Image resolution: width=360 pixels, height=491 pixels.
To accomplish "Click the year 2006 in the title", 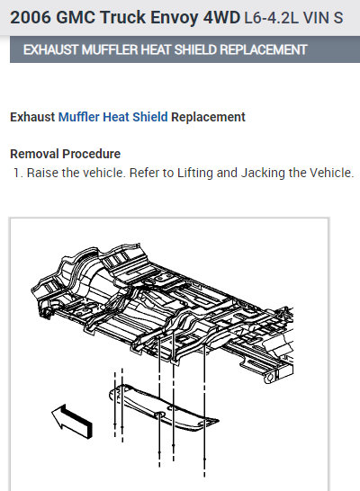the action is click(31, 17).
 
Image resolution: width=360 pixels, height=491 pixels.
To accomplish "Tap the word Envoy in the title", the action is click(175, 18).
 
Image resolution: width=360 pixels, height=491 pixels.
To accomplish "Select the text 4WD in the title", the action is click(221, 17).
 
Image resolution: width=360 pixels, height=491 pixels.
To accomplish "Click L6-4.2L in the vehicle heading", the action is click(271, 18).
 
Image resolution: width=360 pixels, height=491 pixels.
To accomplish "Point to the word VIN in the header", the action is click(316, 18).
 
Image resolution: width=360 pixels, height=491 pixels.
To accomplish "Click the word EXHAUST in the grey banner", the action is click(50, 49).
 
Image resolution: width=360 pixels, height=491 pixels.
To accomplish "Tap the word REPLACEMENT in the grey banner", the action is click(264, 49).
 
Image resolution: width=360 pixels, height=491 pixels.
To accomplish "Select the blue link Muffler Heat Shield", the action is click(113, 117).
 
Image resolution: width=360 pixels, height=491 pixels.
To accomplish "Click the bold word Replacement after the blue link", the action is click(208, 117).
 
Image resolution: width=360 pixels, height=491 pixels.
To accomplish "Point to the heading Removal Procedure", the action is click(65, 154).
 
